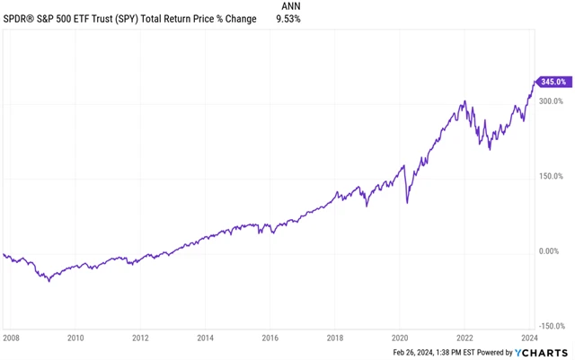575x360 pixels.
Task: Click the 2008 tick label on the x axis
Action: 13,338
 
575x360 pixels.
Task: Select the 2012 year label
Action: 140,338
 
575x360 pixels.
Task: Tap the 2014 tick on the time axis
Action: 205,338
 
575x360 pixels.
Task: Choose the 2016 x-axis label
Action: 270,338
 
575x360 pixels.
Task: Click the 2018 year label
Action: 334,338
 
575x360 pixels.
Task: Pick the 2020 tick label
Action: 400,338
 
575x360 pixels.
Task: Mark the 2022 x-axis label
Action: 464,338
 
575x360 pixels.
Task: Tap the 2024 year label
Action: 529,338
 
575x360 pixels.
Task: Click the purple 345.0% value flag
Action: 552,82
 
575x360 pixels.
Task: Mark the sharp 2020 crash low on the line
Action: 408,203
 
